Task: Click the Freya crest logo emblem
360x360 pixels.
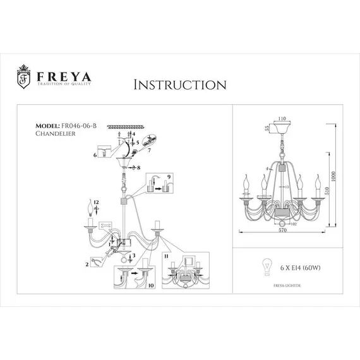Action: [x=23, y=78]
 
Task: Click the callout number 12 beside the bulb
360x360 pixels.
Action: [x=97, y=203]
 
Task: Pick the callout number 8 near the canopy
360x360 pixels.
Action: [x=137, y=168]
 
